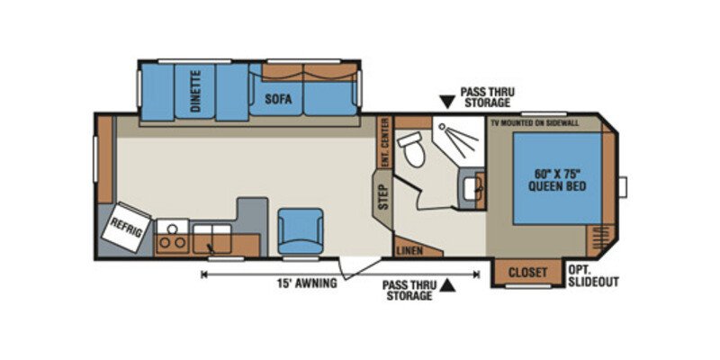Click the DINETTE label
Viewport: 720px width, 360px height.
click(x=196, y=91)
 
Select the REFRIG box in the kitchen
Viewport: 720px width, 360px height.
click(x=126, y=229)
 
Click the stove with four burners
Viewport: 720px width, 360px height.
click(x=171, y=237)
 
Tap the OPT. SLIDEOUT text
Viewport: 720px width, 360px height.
click(x=593, y=275)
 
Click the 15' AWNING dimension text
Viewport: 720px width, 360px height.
click(x=307, y=283)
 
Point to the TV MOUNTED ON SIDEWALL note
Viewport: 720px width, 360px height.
click(x=546, y=121)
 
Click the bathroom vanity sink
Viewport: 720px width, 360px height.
click(x=473, y=188)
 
